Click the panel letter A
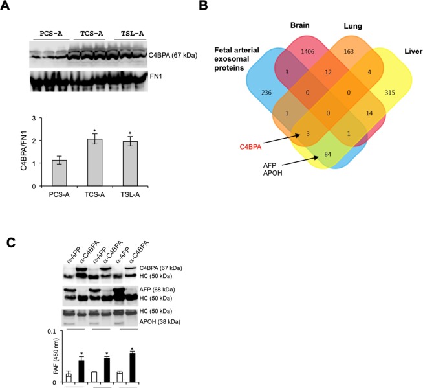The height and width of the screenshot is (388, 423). click(7, 7)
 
